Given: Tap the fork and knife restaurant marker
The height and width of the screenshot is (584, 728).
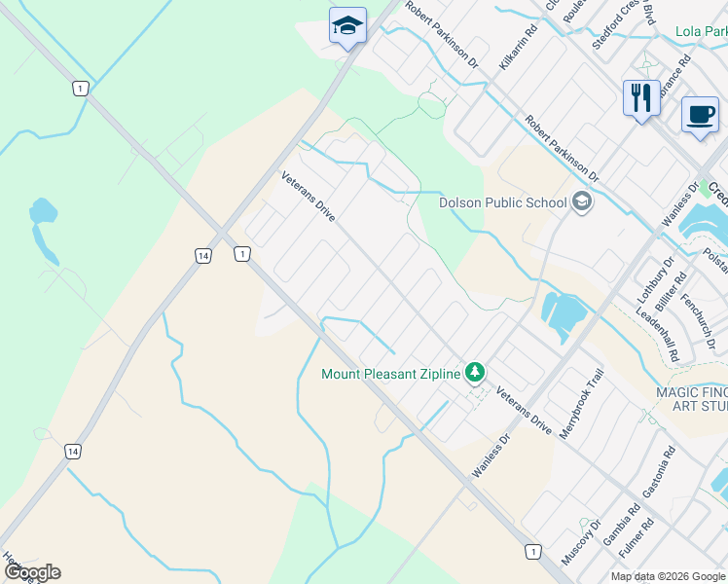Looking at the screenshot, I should click(640, 97).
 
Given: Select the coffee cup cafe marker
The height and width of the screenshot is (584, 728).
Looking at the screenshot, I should click(699, 115).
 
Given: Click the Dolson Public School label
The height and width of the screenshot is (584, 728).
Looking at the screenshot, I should click(502, 202).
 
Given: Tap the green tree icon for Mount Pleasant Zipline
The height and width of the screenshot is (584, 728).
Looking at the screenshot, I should click(475, 372).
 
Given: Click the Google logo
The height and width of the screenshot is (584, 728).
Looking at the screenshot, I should click(31, 572).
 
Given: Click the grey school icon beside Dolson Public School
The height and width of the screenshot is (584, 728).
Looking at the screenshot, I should click(582, 202).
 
